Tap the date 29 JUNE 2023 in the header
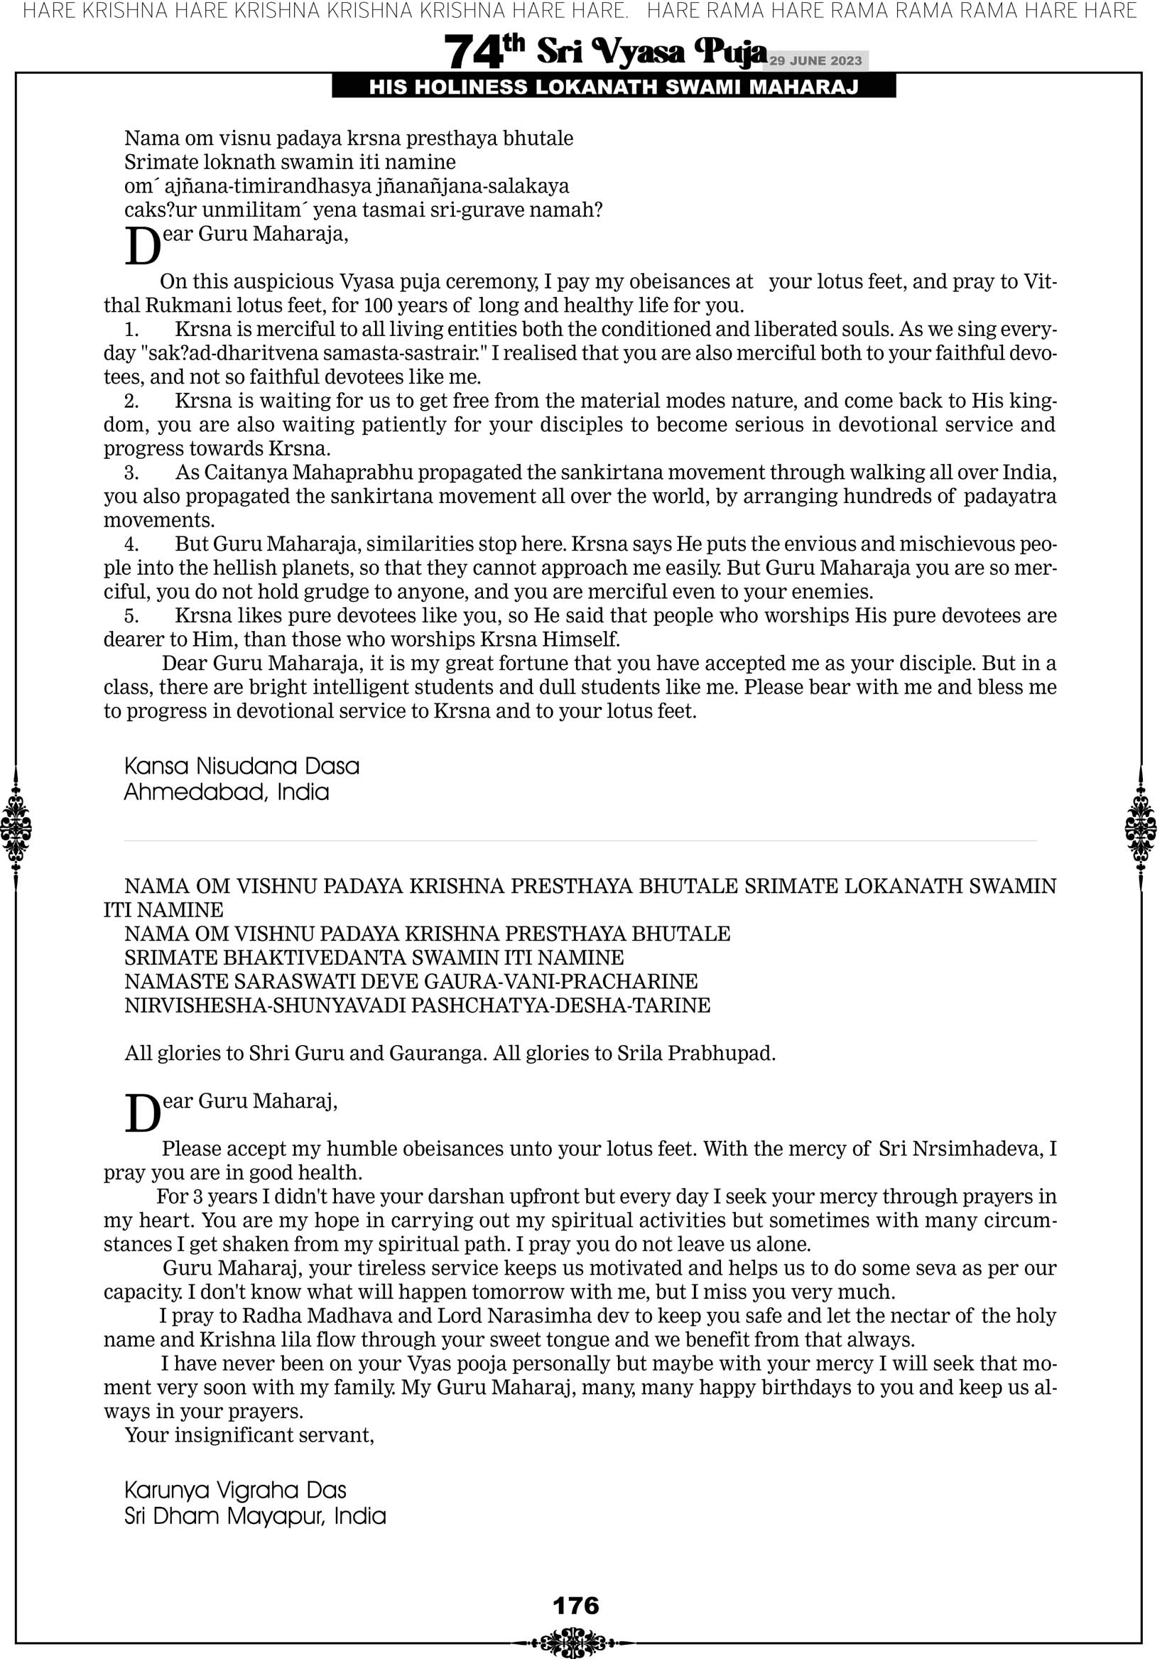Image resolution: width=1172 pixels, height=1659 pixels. point(815,60)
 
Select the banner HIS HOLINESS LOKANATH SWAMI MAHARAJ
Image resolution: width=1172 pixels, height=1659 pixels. point(614,87)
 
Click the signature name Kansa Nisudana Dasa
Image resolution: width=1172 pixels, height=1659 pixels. point(242,766)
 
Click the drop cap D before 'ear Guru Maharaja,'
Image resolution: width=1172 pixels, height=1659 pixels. point(142,247)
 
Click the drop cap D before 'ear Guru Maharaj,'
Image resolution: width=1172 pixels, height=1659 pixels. point(142,1113)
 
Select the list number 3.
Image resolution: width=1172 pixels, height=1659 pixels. point(131,472)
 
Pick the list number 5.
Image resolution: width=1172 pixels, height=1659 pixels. point(131,615)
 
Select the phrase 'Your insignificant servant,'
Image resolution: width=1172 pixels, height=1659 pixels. point(249,1435)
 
